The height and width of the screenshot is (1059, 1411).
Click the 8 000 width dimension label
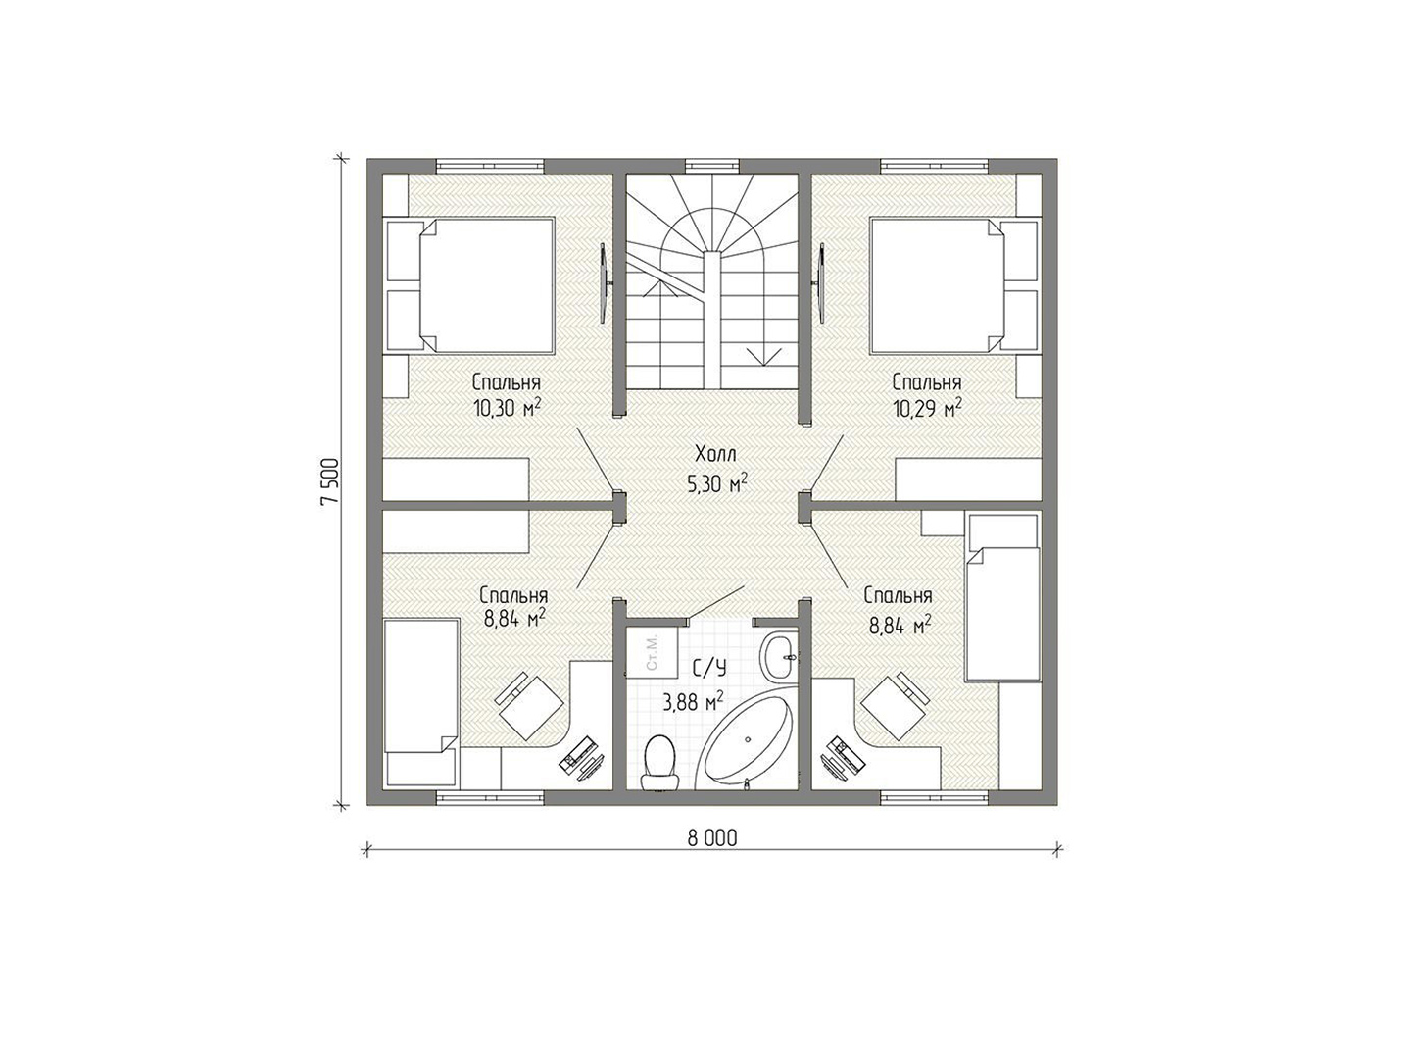click(712, 837)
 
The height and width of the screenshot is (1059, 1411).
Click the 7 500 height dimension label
click(329, 481)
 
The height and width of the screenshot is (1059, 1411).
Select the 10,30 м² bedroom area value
click(507, 407)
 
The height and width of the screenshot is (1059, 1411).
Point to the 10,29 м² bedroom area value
click(926, 407)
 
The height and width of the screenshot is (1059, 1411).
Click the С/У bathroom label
click(709, 670)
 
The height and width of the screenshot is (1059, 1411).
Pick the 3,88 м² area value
click(694, 702)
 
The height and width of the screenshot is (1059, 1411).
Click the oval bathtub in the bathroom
click(746, 741)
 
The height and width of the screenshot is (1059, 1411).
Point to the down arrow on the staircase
click(764, 356)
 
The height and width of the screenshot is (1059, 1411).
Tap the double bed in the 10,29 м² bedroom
click(954, 284)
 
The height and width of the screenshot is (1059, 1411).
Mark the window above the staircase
click(712, 166)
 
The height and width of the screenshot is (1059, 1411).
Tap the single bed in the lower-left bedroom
click(421, 701)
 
